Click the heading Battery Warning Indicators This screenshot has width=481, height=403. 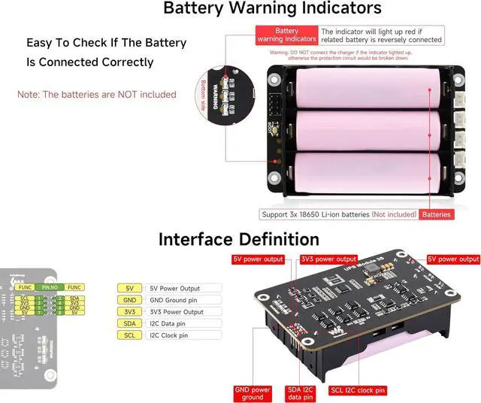tap(272, 9)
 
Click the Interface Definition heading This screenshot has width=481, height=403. tap(238, 239)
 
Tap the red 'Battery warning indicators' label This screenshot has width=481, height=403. tap(286, 35)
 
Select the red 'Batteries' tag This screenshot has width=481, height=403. tap(437, 214)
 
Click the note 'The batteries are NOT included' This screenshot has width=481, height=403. tap(97, 95)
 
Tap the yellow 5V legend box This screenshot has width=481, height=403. tap(130, 288)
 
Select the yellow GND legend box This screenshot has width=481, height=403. tap(130, 300)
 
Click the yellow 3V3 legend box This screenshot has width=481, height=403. tap(130, 312)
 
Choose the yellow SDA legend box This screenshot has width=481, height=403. tap(130, 323)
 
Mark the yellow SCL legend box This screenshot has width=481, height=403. tap(130, 335)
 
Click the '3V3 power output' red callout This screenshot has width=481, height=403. tap(328, 259)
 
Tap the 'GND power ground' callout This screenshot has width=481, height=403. tap(253, 392)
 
